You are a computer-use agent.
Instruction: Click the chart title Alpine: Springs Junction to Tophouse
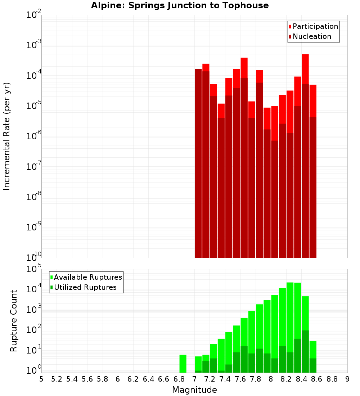pos(180,5)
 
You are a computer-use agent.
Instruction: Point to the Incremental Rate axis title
pos(7,136)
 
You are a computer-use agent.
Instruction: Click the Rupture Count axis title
pos(14,321)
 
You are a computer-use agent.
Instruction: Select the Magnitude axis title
pos(194,390)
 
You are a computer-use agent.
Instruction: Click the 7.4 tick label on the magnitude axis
pos(225,379)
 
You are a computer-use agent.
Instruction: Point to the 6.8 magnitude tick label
pos(179,379)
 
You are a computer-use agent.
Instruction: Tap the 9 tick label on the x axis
pos(347,379)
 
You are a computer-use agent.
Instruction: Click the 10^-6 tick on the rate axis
pos(34,136)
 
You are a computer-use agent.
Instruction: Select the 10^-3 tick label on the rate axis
pos(34,45)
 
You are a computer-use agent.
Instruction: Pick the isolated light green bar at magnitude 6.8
pos(183,364)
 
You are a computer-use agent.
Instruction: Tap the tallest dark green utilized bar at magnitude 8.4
pos(305,351)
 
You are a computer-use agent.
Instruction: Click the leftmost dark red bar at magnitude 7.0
pos(198,162)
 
